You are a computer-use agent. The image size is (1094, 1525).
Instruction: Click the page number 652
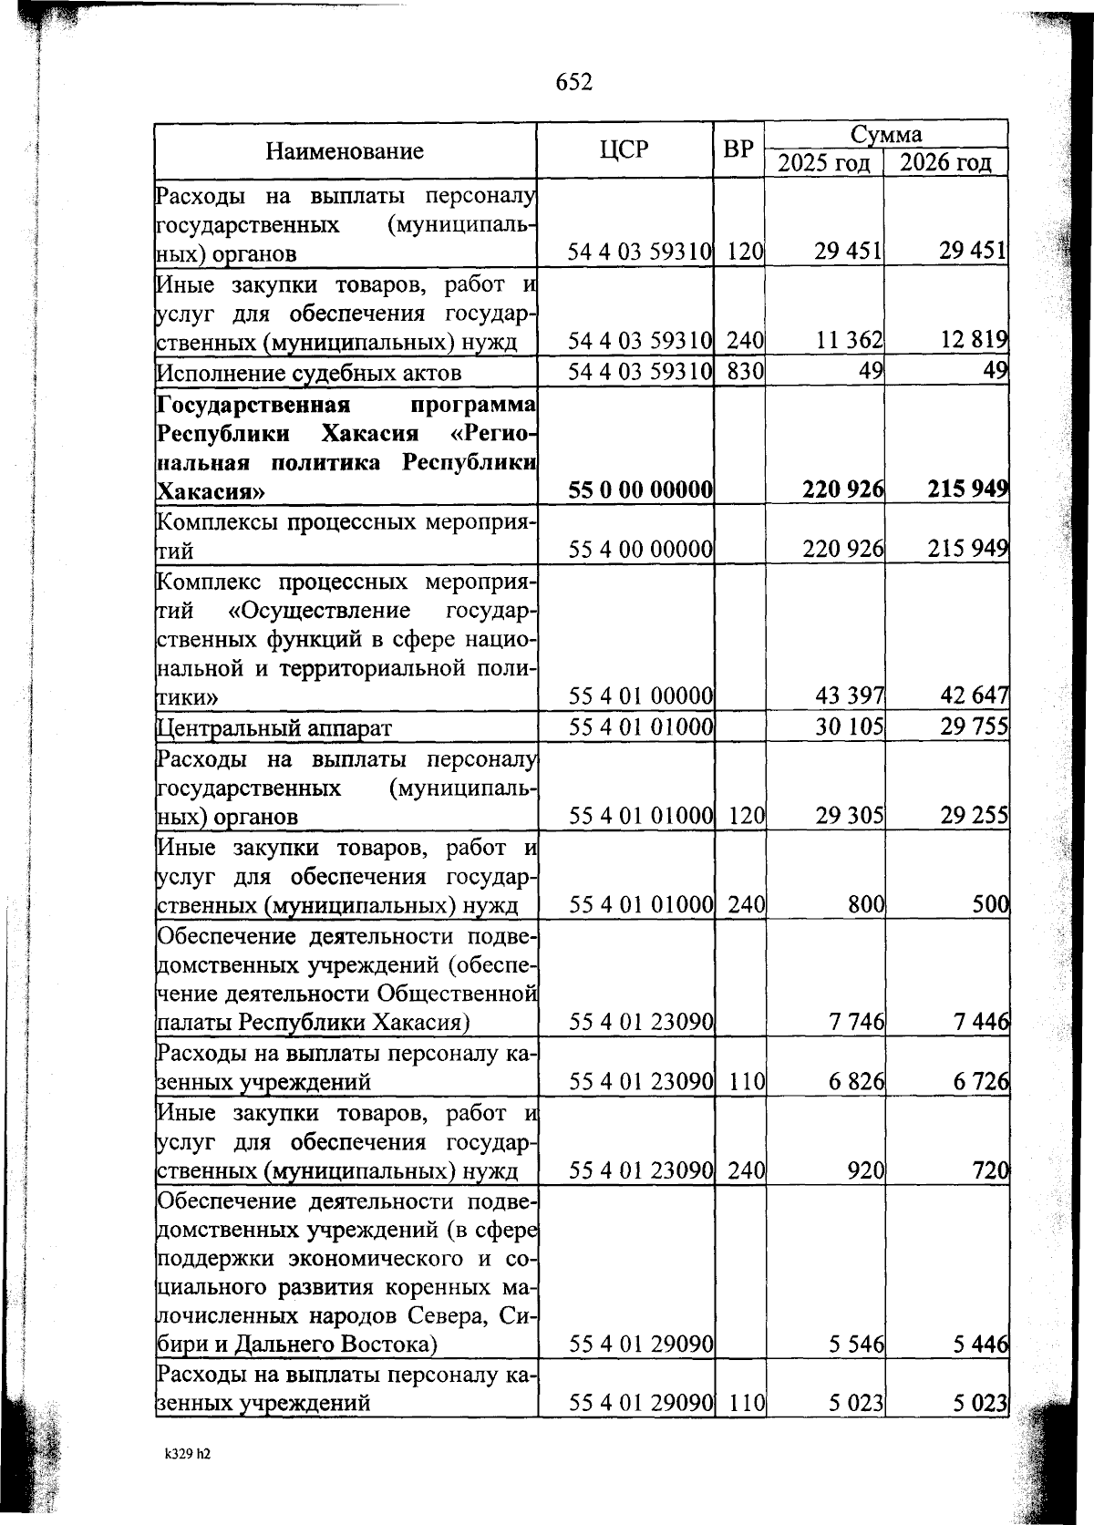point(573,82)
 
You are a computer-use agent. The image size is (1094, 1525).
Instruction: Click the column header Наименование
point(345,151)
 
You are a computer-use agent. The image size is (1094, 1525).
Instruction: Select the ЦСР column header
point(624,149)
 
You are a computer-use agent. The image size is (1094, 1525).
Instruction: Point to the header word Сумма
point(885,135)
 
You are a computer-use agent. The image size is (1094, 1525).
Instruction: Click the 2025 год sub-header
point(823,163)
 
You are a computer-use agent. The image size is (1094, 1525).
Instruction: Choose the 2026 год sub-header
point(945,163)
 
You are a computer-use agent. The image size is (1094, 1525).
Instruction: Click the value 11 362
point(850,341)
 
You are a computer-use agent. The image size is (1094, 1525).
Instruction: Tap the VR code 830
point(745,372)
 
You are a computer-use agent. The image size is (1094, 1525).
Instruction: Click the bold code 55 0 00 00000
point(640,490)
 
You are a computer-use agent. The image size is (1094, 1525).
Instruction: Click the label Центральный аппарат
point(274,728)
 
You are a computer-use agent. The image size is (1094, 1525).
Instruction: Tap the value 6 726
point(981,1082)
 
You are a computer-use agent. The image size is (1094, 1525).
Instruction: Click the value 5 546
point(857,1344)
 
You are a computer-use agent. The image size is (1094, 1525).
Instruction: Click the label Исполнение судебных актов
point(309,373)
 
